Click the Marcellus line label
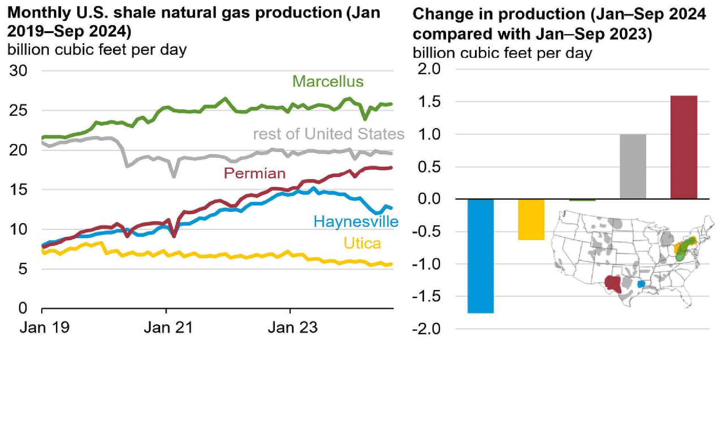pyautogui.click(x=328, y=82)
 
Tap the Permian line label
pyautogui.click(x=254, y=173)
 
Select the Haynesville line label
pyautogui.click(x=356, y=222)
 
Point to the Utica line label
pyautogui.click(x=362, y=243)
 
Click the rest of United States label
pyautogui.click(x=328, y=134)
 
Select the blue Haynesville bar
pyautogui.click(x=480, y=255)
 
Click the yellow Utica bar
pyautogui.click(x=531, y=219)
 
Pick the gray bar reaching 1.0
pyautogui.click(x=633, y=167)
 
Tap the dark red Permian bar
pyautogui.click(x=683, y=147)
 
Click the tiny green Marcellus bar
pyautogui.click(x=582, y=200)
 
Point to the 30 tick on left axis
pyautogui.click(x=18, y=71)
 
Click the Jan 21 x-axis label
pyautogui.click(x=168, y=328)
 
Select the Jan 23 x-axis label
pyautogui.click(x=292, y=328)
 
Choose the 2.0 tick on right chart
pyautogui.click(x=429, y=69)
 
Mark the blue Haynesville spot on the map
pyautogui.click(x=641, y=284)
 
